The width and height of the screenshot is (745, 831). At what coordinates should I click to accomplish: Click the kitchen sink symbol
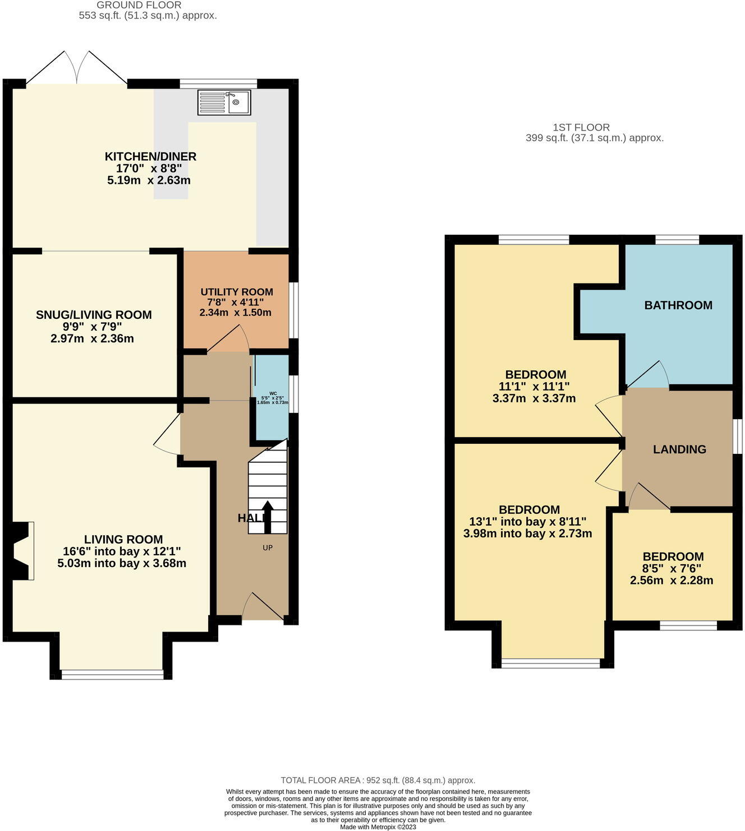pyautogui.click(x=224, y=103)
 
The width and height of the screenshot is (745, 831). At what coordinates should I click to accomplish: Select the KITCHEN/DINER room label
pyautogui.click(x=150, y=156)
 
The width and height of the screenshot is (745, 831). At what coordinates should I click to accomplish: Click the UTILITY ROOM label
pyautogui.click(x=237, y=292)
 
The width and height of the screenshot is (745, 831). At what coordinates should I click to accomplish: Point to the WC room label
pyautogui.click(x=273, y=393)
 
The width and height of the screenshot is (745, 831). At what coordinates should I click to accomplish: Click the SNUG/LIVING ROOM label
pyautogui.click(x=94, y=315)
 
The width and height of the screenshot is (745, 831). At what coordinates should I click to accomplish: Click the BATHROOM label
pyautogui.click(x=678, y=305)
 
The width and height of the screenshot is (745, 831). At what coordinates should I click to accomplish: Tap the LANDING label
pyautogui.click(x=679, y=449)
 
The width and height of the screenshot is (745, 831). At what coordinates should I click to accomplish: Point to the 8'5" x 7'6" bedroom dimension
pyautogui.click(x=673, y=568)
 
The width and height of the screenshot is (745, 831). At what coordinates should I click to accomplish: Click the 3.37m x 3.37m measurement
pyautogui.click(x=534, y=398)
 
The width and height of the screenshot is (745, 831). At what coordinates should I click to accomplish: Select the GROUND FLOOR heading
pyautogui.click(x=139, y=5)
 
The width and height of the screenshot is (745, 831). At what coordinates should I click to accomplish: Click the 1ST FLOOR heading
pyautogui.click(x=581, y=127)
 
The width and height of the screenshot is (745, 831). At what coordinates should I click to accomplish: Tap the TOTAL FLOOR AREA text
pyautogui.click(x=378, y=780)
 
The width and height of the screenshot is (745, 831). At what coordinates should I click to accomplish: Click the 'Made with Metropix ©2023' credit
pyautogui.click(x=378, y=827)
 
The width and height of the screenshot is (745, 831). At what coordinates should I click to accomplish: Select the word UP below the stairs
pyautogui.click(x=268, y=547)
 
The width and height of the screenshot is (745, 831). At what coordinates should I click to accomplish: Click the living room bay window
pyautogui.click(x=112, y=674)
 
